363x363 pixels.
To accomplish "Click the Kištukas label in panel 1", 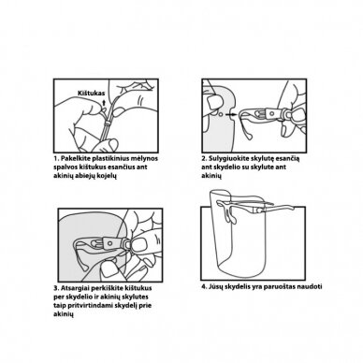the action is [x=91, y=93].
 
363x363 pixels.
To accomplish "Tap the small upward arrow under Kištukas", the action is [x=104, y=102].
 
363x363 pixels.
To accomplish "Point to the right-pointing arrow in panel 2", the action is [x=231, y=114].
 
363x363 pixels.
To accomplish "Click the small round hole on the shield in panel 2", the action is [x=221, y=114].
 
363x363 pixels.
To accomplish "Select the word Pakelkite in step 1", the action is [x=73, y=158].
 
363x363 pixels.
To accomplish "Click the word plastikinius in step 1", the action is [x=106, y=158].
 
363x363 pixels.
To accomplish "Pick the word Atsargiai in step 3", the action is [x=74, y=288].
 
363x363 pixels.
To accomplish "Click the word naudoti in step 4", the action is [x=310, y=286].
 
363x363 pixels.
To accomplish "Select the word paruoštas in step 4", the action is [x=280, y=287].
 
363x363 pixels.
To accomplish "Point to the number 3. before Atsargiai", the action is [x=56, y=288].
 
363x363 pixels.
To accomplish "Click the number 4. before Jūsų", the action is [x=204, y=286].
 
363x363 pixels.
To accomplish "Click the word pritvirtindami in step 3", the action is [x=87, y=306].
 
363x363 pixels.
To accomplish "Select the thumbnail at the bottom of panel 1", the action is [x=112, y=145].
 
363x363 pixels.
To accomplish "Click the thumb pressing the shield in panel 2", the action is [x=213, y=101].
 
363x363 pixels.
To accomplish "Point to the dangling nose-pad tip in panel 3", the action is [x=82, y=269].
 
